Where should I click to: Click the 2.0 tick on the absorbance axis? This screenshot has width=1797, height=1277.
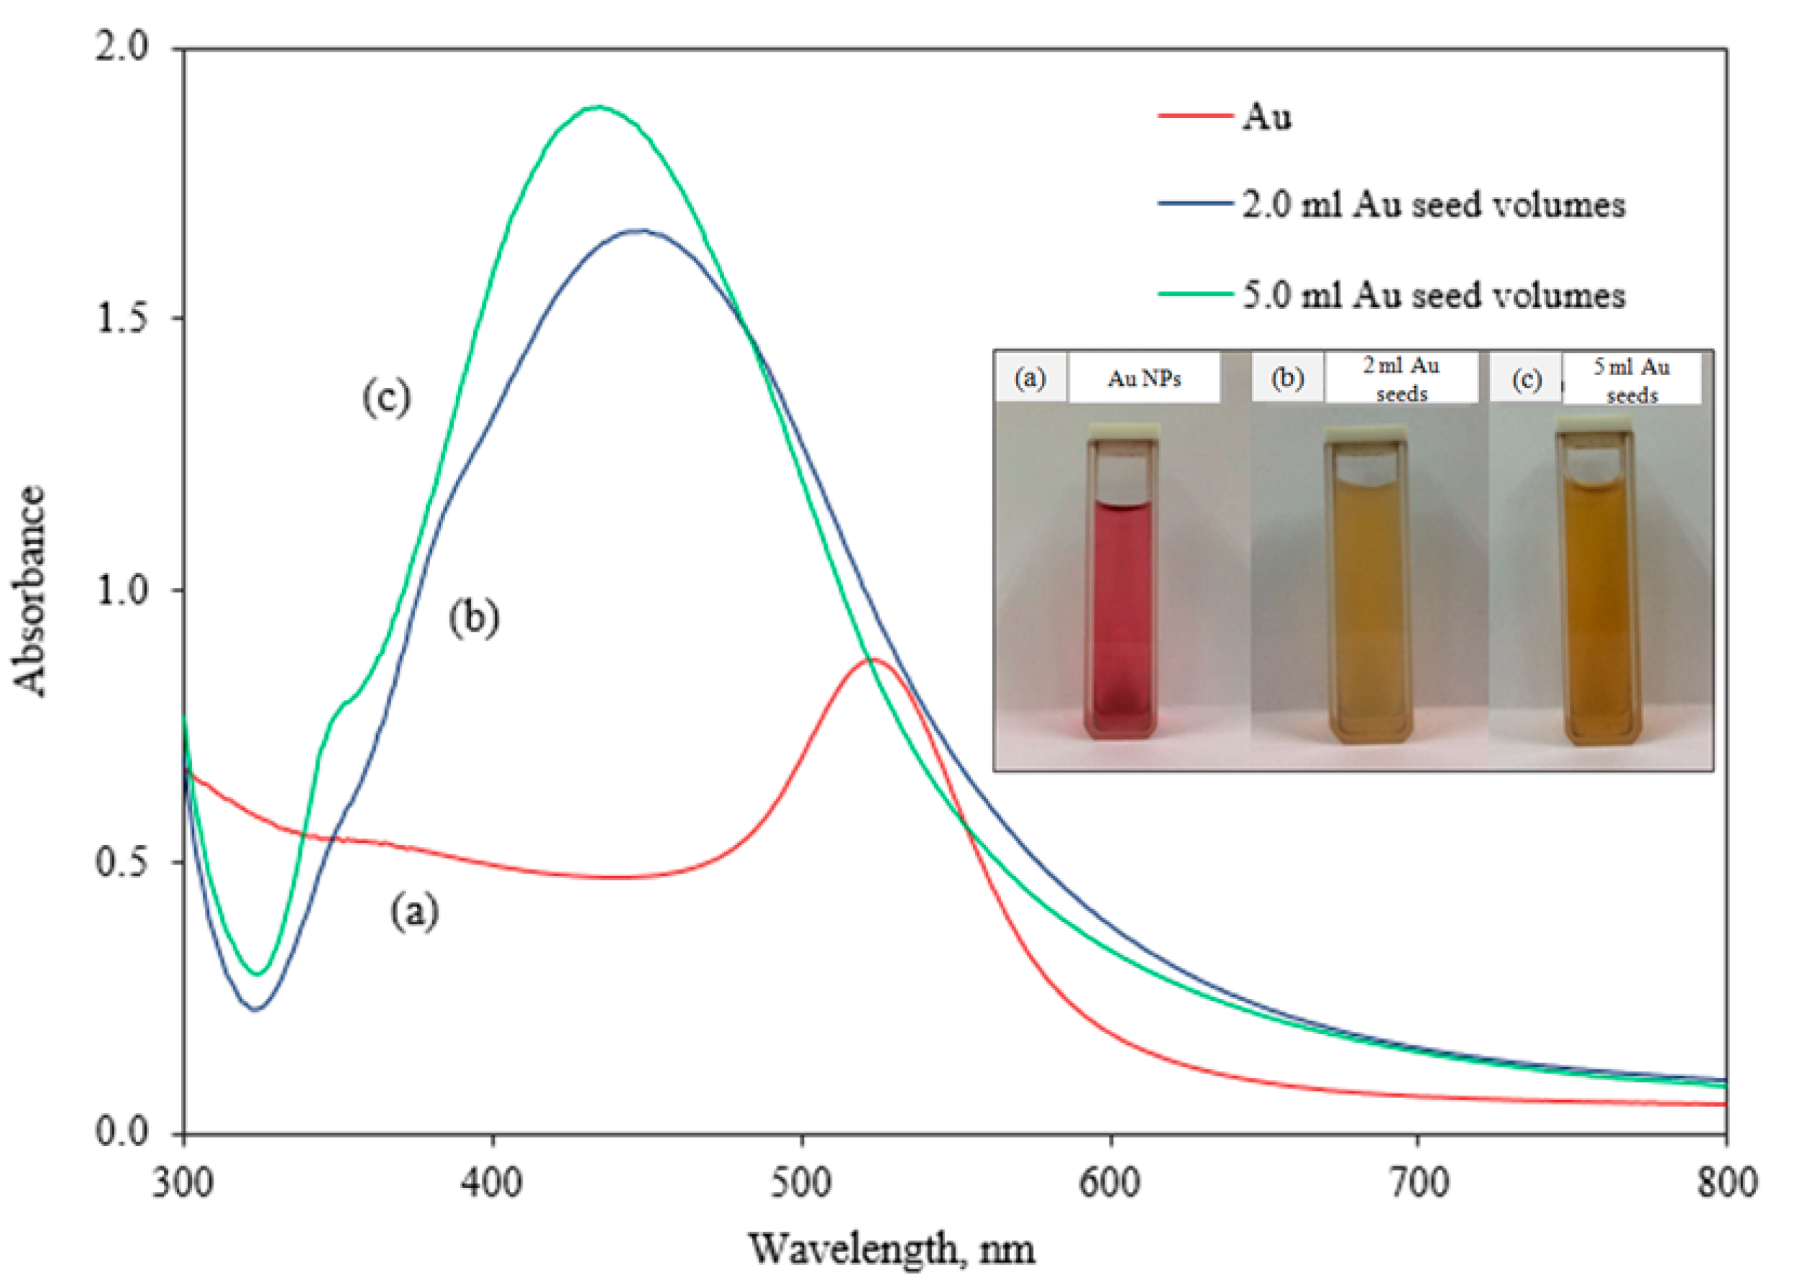(x=122, y=49)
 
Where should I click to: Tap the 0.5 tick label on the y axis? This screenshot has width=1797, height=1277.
(x=122, y=862)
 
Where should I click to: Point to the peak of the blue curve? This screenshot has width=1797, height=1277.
(x=642, y=231)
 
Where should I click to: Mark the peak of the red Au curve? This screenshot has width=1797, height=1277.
(x=872, y=660)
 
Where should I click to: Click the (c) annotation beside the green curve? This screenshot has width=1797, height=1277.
(x=386, y=398)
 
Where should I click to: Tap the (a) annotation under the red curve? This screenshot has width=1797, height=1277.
(x=415, y=912)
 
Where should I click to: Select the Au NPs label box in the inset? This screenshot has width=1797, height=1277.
(x=1143, y=379)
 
